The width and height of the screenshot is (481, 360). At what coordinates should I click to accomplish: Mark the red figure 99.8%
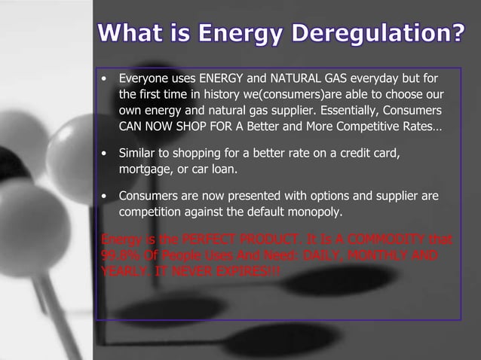[121, 256]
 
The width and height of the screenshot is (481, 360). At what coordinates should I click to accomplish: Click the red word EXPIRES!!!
[242, 272]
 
